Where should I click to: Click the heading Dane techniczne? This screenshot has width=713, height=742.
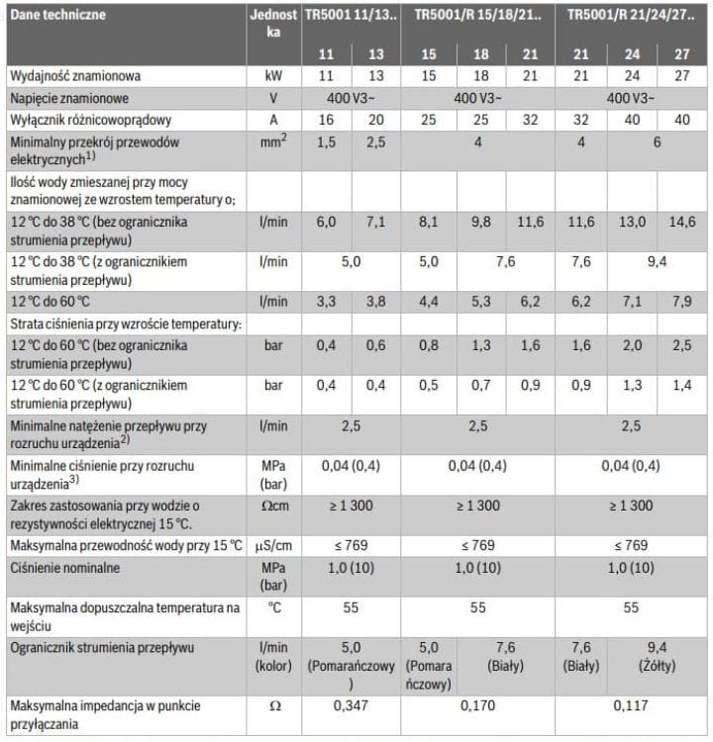click(x=57, y=15)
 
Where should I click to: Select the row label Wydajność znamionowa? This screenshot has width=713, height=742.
click(x=75, y=76)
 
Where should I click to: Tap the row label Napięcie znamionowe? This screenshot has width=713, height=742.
click(x=68, y=99)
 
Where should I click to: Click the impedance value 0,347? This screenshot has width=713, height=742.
click(x=351, y=707)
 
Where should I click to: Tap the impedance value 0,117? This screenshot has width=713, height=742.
click(x=630, y=707)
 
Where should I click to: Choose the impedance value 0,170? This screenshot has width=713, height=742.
click(x=477, y=707)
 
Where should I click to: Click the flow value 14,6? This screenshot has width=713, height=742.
click(x=681, y=224)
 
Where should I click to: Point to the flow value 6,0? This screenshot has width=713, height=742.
click(x=327, y=224)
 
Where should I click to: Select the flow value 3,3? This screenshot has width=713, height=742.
click(x=327, y=301)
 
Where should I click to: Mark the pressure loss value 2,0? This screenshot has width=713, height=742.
click(x=631, y=346)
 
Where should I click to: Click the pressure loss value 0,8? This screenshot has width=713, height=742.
click(x=428, y=346)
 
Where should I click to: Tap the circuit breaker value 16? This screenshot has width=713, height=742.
click(x=327, y=121)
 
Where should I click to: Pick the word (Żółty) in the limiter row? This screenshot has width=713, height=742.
click(x=656, y=666)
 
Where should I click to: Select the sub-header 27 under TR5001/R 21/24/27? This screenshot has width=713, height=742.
click(x=681, y=53)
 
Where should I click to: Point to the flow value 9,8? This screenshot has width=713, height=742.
click(x=480, y=224)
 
